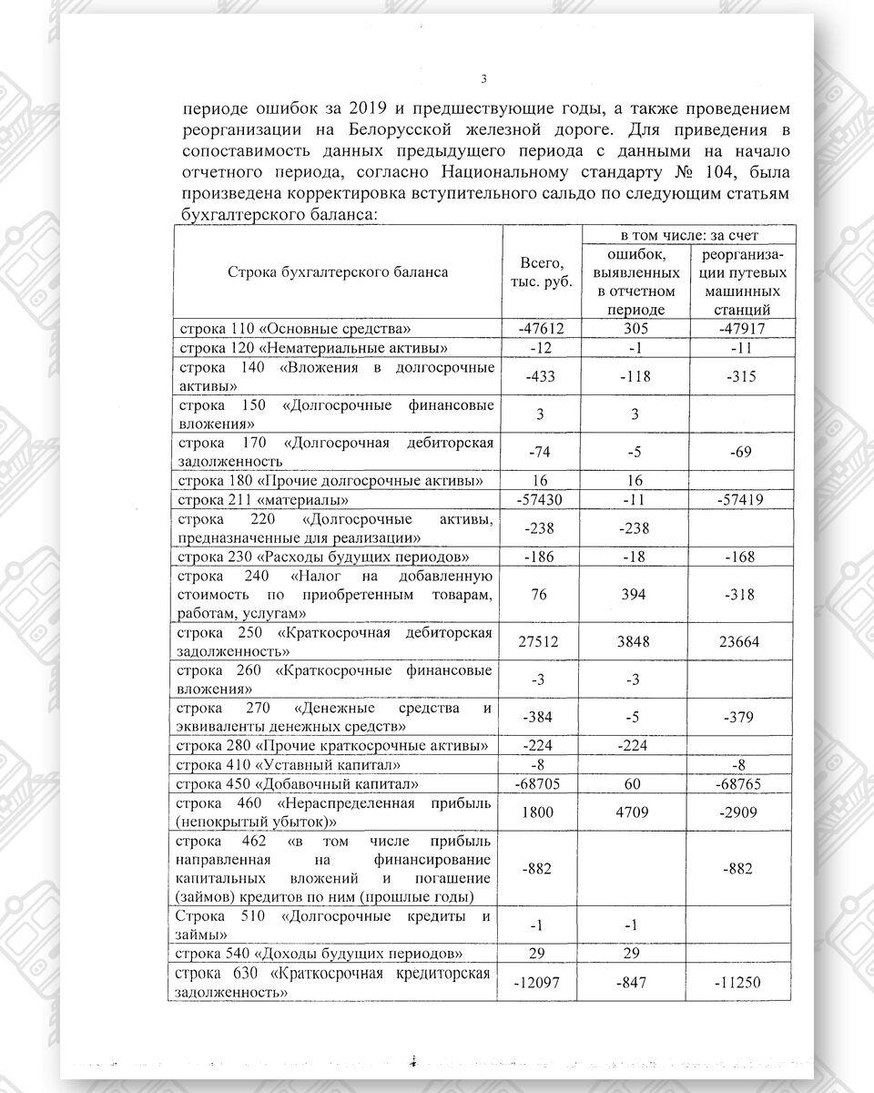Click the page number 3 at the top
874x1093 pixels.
coord(483,78)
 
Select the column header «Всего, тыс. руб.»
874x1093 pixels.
coord(545,272)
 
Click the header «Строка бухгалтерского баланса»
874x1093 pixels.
coord(338,272)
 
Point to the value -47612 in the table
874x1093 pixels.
coord(545,329)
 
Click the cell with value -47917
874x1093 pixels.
coord(739,329)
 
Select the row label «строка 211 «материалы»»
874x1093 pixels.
coord(265,500)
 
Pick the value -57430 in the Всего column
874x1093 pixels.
coord(545,500)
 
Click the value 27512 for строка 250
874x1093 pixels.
coord(545,641)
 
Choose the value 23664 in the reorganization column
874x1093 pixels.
coord(739,641)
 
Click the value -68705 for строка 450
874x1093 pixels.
coord(545,782)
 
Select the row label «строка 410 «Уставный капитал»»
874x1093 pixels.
coord(289,764)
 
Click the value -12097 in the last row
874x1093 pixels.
coord(545,983)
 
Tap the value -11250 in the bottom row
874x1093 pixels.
coord(739,983)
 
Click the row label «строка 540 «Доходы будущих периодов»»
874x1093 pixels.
coord(314,953)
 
